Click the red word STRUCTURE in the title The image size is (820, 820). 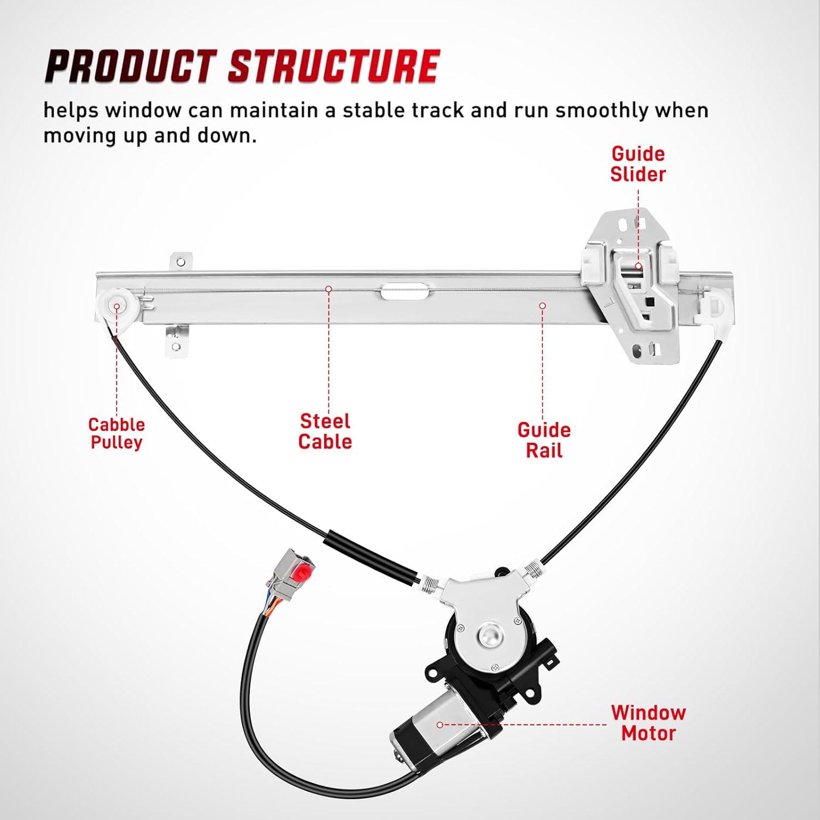pyautogui.click(x=333, y=67)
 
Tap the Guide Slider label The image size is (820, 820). pyautogui.click(x=638, y=164)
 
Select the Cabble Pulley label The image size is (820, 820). pyautogui.click(x=116, y=434)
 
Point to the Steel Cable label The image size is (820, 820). pyautogui.click(x=325, y=431)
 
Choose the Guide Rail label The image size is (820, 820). pyautogui.click(x=544, y=441)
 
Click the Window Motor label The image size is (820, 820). pyautogui.click(x=648, y=723)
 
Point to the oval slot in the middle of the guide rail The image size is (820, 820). pyautogui.click(x=405, y=290)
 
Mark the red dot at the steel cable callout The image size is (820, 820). pyautogui.click(x=329, y=288)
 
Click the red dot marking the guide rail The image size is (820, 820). pyautogui.click(x=542, y=306)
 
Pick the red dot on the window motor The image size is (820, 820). pyautogui.click(x=440, y=725)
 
